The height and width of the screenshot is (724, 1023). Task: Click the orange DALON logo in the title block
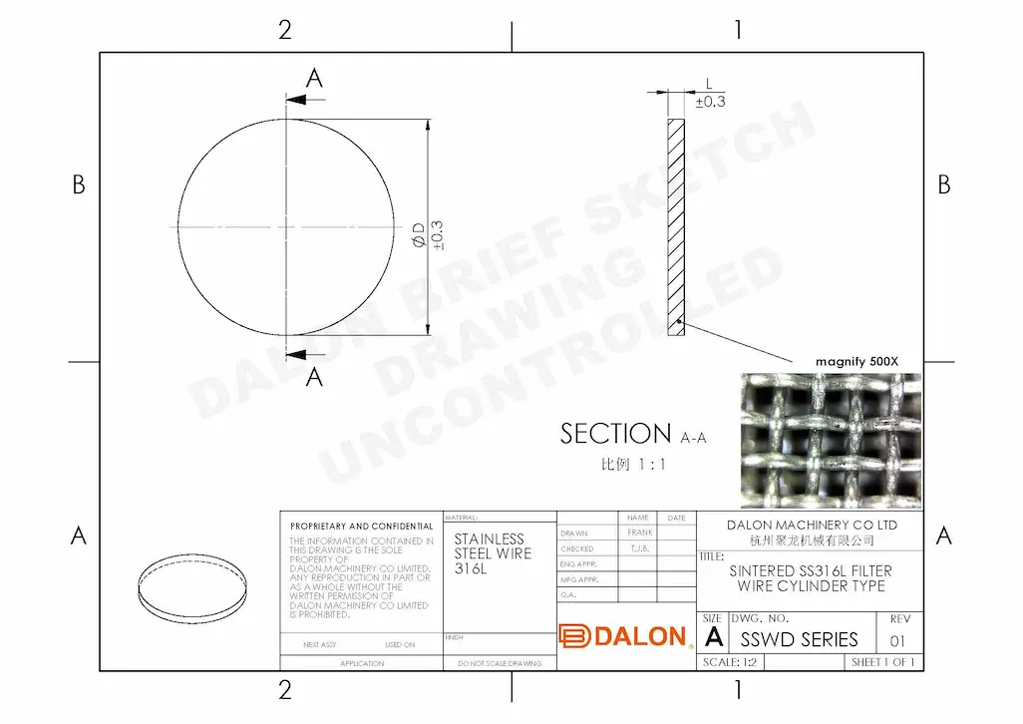click(623, 636)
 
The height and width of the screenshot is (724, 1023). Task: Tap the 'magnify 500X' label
click(855, 361)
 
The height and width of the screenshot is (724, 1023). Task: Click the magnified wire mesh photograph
click(831, 440)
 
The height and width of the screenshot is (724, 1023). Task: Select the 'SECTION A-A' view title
click(632, 435)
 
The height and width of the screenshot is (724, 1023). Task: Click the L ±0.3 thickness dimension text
click(710, 95)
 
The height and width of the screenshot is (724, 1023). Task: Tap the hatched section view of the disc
click(677, 227)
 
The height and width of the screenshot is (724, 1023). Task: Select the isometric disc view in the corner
click(191, 587)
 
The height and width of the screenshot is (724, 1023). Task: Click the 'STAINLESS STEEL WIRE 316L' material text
click(493, 553)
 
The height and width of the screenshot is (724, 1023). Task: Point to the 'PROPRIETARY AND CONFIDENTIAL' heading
click(361, 526)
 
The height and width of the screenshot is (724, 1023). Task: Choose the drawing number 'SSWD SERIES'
click(799, 639)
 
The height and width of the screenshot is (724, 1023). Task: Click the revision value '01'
click(898, 640)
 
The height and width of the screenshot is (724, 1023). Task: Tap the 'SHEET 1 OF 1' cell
click(883, 662)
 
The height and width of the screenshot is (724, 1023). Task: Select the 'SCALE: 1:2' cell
click(730, 662)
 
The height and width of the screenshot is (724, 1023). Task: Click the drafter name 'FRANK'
click(640, 533)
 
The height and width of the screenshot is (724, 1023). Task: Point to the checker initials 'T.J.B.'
click(640, 548)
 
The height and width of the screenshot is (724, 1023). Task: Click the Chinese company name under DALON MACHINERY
click(811, 541)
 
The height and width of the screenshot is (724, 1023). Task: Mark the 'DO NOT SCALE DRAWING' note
click(501, 663)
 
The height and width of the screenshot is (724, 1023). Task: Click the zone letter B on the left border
click(79, 184)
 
